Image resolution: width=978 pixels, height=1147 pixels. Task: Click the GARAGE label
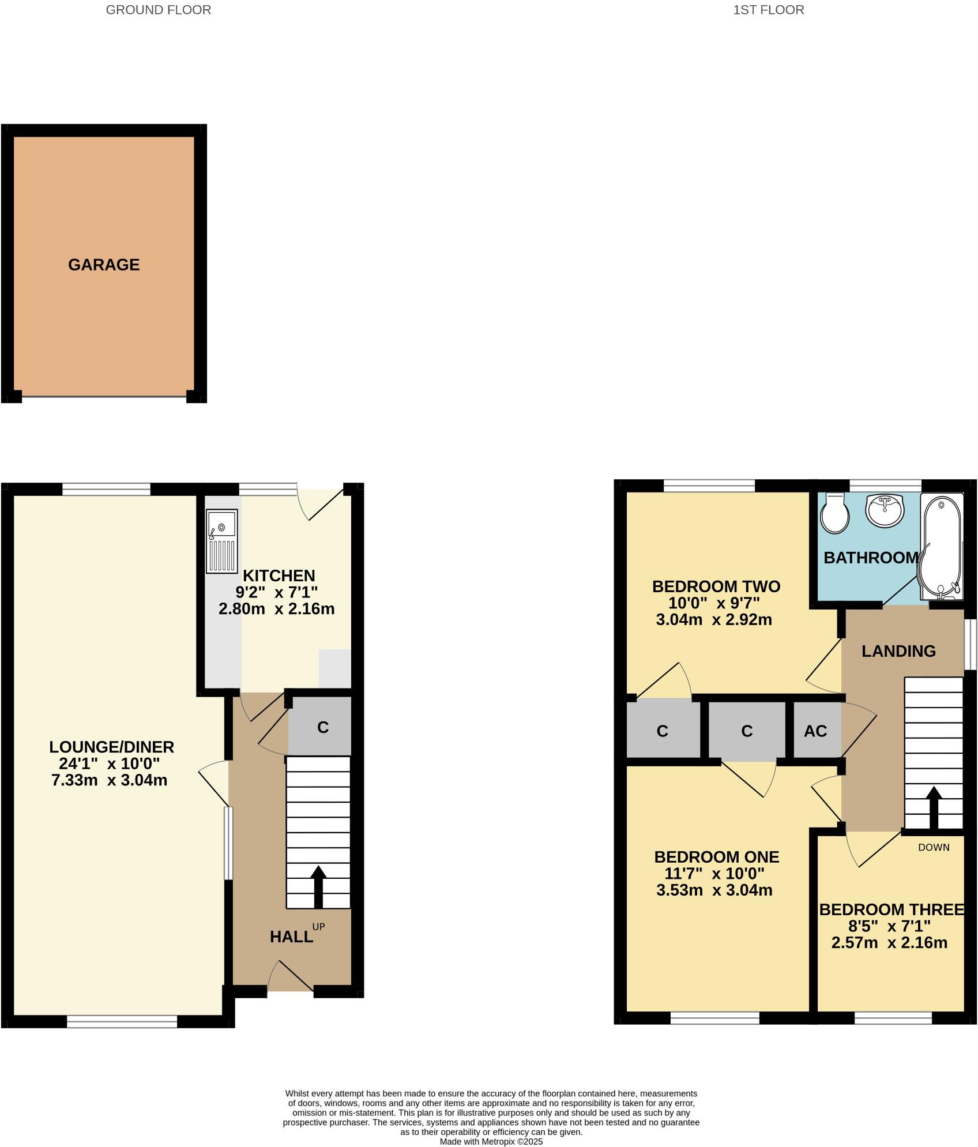click(x=104, y=265)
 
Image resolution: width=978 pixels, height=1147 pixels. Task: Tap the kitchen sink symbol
click(x=222, y=541)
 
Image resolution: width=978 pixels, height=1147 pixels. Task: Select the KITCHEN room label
click(x=279, y=576)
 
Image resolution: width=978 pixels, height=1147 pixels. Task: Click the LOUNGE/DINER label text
click(x=111, y=747)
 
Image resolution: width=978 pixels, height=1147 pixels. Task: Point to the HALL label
click(x=291, y=937)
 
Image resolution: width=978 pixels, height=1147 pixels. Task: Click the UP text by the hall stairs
click(x=318, y=927)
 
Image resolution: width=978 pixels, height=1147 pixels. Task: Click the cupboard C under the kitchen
click(x=322, y=727)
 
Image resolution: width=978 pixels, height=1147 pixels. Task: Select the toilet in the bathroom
click(x=834, y=513)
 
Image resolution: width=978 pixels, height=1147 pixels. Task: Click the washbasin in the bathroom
click(x=885, y=510)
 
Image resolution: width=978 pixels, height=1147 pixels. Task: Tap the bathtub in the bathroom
click(x=941, y=546)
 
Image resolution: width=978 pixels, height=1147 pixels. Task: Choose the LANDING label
click(x=898, y=651)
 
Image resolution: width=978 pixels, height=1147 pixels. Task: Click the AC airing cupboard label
click(x=815, y=731)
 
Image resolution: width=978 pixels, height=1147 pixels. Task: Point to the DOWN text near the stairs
click(x=934, y=847)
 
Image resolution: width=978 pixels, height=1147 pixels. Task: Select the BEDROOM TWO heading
click(x=716, y=586)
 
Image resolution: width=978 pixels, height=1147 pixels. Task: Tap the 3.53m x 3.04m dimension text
click(x=714, y=890)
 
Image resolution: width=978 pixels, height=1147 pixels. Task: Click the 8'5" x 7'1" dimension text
click(x=889, y=926)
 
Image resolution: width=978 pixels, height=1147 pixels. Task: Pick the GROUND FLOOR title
click(x=159, y=10)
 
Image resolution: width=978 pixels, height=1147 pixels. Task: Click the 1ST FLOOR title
click(x=769, y=10)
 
